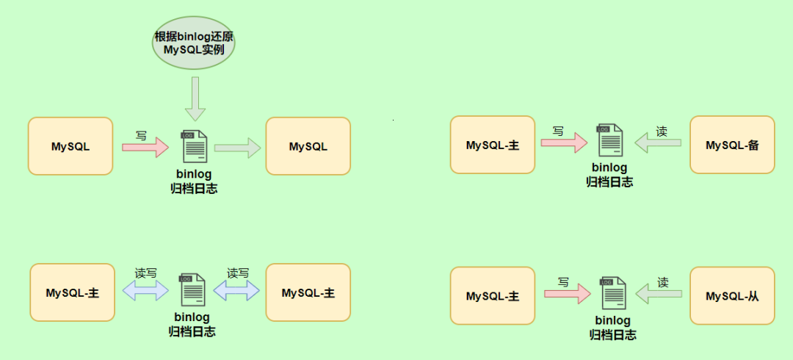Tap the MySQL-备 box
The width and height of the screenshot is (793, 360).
pos(732,145)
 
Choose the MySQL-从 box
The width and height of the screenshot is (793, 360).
pos(732,296)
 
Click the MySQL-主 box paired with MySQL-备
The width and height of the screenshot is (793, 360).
pos(493,145)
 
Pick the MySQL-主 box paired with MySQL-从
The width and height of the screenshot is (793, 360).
pos(493,296)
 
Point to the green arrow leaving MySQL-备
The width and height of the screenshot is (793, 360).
pos(658,143)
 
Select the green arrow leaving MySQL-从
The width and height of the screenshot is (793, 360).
pos(659,295)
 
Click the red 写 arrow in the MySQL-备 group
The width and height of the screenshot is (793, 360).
pos(564,143)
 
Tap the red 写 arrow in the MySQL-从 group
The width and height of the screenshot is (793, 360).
pos(567,295)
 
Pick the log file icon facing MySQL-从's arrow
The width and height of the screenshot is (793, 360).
pos(613,293)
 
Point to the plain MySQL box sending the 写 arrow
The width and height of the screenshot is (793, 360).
pos(70,146)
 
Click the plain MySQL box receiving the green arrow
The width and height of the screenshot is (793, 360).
pos(308,146)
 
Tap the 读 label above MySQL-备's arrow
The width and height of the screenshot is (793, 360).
pos(662,131)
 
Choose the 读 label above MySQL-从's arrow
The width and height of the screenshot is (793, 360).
pos(663,282)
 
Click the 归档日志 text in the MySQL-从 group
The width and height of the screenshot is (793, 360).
pos(613,335)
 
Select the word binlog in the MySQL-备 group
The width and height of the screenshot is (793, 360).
pos(610,168)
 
